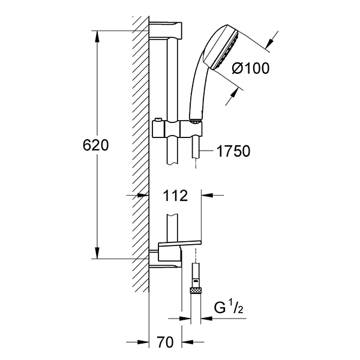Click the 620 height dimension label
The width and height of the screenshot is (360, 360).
(x=95, y=145)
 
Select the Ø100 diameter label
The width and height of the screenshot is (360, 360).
(x=250, y=68)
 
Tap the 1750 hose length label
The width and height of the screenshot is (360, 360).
(x=233, y=151)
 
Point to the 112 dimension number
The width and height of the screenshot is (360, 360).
(x=175, y=196)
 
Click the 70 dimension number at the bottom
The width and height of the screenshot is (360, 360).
(x=165, y=342)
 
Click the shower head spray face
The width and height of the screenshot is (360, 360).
(x=225, y=50)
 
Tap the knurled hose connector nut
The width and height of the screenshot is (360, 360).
(x=195, y=290)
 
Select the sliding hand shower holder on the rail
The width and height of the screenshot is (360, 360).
(x=178, y=129)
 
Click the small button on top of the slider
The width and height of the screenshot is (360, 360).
(x=158, y=120)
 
